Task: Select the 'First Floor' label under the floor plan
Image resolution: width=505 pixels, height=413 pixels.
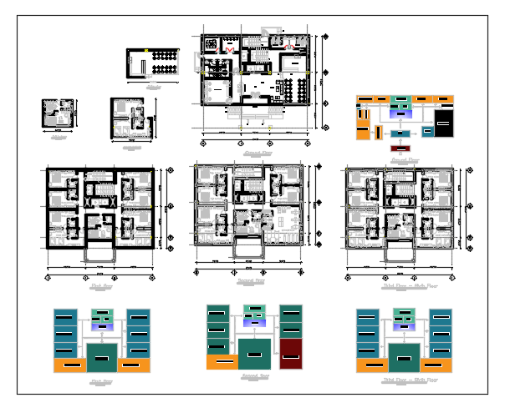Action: click(101, 286)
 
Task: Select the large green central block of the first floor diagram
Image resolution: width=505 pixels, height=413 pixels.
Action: click(101, 357)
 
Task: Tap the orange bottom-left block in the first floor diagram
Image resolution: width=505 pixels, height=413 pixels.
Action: click(69, 365)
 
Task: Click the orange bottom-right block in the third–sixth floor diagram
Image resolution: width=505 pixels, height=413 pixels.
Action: click(437, 365)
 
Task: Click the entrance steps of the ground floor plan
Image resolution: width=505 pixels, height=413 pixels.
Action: click(254, 111)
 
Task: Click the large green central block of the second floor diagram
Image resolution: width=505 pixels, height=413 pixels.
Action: click(254, 354)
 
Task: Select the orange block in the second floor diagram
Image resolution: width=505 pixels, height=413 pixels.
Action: click(222, 362)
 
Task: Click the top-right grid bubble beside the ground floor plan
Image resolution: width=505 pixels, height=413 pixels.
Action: click(324, 36)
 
